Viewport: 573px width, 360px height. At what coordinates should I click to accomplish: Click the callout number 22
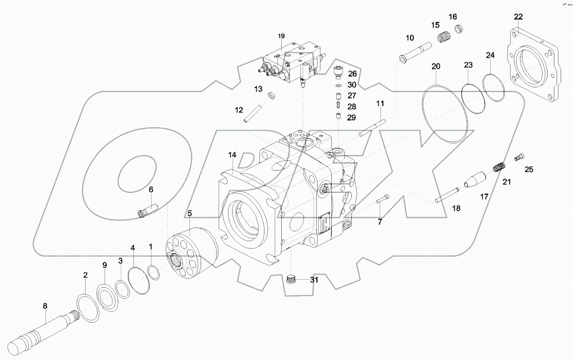pyautogui.click(x=518, y=17)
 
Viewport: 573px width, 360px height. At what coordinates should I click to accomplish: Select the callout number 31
pyautogui.click(x=314, y=280)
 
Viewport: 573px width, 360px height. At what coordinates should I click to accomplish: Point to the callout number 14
pyautogui.click(x=233, y=155)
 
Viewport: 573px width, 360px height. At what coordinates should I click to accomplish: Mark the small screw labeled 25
pyautogui.click(x=519, y=157)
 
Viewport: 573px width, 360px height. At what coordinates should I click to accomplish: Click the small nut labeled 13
pyautogui.click(x=273, y=96)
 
